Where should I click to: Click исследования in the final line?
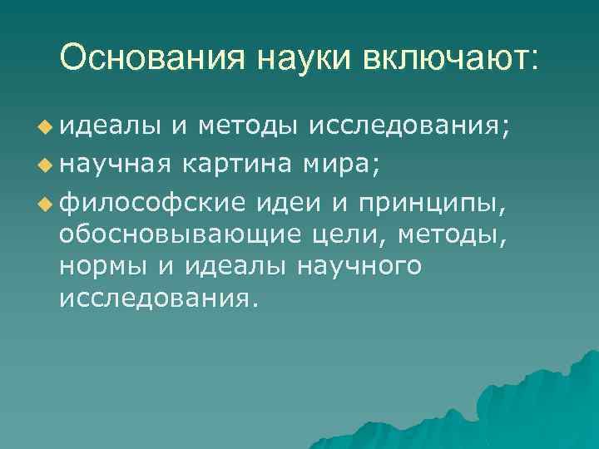point(153,298)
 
